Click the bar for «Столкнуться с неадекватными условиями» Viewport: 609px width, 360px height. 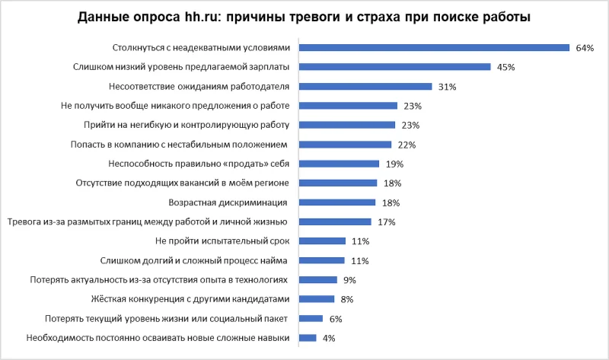(x=434, y=47)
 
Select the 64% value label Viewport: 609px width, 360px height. (x=585, y=48)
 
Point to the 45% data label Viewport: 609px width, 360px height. (x=506, y=67)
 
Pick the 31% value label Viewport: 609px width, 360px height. (x=448, y=87)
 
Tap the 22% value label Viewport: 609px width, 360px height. (x=407, y=145)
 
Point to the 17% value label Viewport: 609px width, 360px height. (x=387, y=222)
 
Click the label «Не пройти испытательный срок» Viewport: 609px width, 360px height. (x=220, y=241)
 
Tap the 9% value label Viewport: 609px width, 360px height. (x=350, y=280)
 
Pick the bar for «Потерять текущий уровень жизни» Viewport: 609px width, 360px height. (x=311, y=318)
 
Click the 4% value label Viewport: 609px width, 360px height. (x=329, y=338)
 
